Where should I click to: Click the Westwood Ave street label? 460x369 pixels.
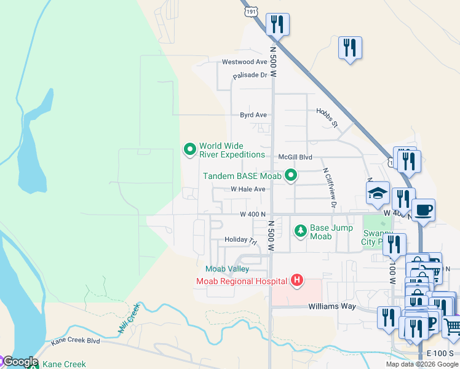click(244, 62)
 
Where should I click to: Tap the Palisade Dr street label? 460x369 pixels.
click(250, 76)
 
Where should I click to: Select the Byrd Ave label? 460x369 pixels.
click(253, 115)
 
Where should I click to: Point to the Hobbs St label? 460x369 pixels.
click(327, 118)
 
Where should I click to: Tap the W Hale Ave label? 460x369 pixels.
click(248, 189)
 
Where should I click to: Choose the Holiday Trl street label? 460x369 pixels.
click(240, 239)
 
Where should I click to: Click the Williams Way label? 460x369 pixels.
click(332, 306)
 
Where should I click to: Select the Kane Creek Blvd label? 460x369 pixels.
click(76, 340)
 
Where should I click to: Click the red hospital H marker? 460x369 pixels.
click(297, 281)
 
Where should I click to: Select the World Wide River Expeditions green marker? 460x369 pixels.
click(190, 149)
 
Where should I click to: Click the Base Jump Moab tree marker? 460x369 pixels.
click(300, 231)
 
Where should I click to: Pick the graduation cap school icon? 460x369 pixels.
click(378, 193)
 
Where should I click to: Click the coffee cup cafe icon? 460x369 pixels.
click(423, 210)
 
